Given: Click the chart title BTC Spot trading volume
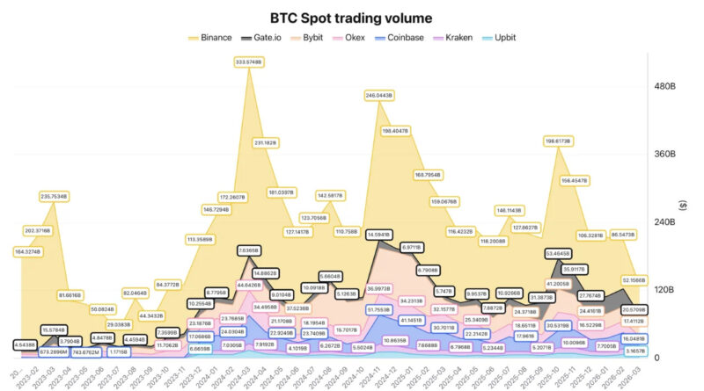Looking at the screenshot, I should (x=351, y=18).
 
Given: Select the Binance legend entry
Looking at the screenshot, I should (x=211, y=38).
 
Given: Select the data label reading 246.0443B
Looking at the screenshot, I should (x=378, y=94).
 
